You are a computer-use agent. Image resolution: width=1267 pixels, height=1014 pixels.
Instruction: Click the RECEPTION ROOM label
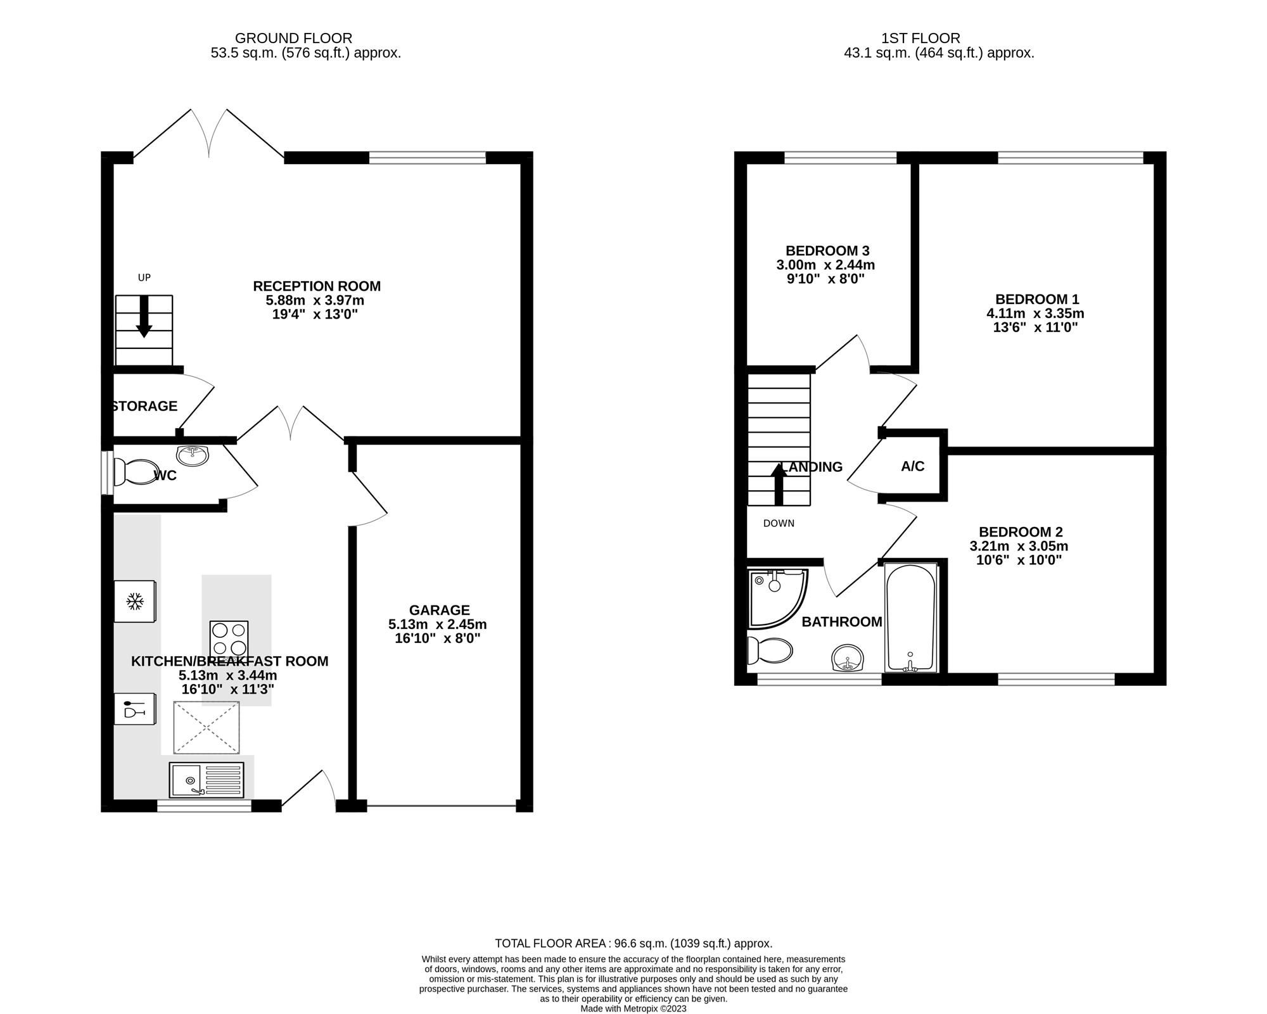click(x=317, y=286)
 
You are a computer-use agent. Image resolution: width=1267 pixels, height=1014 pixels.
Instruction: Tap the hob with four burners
click(x=229, y=639)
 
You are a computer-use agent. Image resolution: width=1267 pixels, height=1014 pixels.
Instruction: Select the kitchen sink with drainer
click(x=207, y=780)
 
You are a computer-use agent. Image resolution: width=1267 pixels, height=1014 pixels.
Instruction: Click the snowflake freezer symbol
click(x=134, y=601)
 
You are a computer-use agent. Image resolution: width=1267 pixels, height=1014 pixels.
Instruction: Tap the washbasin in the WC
click(x=193, y=455)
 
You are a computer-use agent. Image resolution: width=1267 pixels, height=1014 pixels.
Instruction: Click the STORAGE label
click(x=145, y=406)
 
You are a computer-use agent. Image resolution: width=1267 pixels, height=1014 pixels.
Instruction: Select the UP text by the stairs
click(x=144, y=277)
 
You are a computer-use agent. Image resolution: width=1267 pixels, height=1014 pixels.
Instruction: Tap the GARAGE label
click(x=439, y=610)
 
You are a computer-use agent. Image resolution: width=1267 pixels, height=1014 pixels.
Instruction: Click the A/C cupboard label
click(x=913, y=466)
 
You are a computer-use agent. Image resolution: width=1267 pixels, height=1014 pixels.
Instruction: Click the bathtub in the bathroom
click(x=910, y=617)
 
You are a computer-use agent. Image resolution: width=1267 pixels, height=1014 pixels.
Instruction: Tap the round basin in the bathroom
click(x=847, y=658)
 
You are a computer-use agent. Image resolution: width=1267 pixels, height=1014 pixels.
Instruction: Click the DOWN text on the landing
click(x=779, y=523)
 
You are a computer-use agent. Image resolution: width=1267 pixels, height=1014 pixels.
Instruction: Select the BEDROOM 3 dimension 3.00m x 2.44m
click(x=825, y=265)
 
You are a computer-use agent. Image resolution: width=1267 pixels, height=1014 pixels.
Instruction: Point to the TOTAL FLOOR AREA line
click(x=633, y=943)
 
